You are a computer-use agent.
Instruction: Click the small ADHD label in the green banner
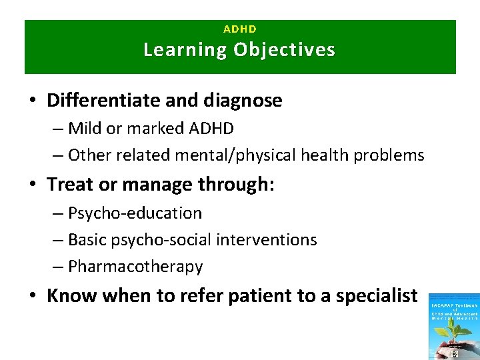(x=240, y=29)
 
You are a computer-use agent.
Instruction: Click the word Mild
(x=85, y=129)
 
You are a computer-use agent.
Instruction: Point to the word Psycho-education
(x=135, y=213)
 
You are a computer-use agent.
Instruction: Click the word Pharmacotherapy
(x=135, y=267)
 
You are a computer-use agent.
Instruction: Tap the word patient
(x=257, y=295)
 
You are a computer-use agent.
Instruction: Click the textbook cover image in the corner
(x=453, y=327)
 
